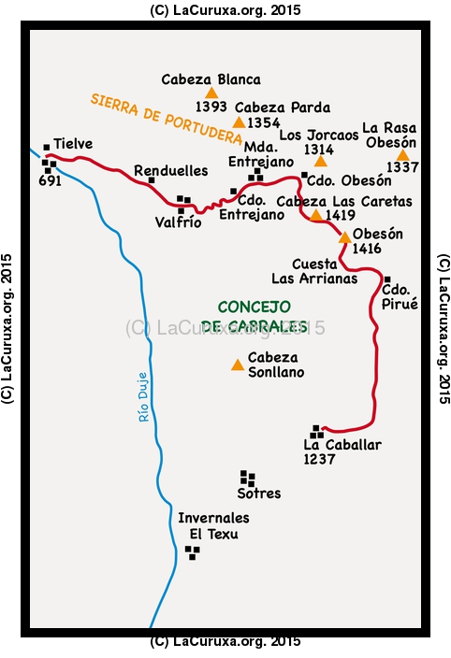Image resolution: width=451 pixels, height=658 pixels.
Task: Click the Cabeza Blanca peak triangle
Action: pos(211,93)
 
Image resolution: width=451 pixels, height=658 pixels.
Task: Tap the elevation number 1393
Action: pos(211,107)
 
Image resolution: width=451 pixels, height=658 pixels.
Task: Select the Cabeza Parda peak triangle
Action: pos(239,122)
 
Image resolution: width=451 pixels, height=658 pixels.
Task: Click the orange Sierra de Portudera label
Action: pos(167,119)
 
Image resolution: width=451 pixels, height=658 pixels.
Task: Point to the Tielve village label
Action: pos(73,144)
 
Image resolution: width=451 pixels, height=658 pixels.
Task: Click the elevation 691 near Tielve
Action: pos(50,181)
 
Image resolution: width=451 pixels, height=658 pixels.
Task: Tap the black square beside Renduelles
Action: pos(152,180)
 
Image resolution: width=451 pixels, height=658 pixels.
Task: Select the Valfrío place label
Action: pos(178,222)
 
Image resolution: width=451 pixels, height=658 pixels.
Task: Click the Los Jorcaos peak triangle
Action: pos(320,161)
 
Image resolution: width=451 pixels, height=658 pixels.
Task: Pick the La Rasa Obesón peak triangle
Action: pos(402,155)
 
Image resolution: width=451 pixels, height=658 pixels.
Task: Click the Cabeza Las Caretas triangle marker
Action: pos(315,215)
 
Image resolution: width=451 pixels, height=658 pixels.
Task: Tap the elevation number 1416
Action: pos(367,249)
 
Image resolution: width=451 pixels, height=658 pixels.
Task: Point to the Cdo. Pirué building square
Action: pos(387,279)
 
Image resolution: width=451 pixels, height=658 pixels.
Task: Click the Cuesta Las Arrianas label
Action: pos(314,271)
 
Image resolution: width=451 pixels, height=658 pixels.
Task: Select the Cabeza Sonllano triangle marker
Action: pos(238,365)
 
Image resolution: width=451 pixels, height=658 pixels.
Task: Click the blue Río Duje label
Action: pos(143,397)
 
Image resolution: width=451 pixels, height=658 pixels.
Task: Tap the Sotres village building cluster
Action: pos(248,479)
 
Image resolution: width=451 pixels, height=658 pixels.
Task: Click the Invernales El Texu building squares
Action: pos(193,552)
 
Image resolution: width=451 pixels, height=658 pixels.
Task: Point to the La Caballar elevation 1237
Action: pos(320,460)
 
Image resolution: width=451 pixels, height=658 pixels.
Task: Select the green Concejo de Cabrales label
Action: pos(255,316)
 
